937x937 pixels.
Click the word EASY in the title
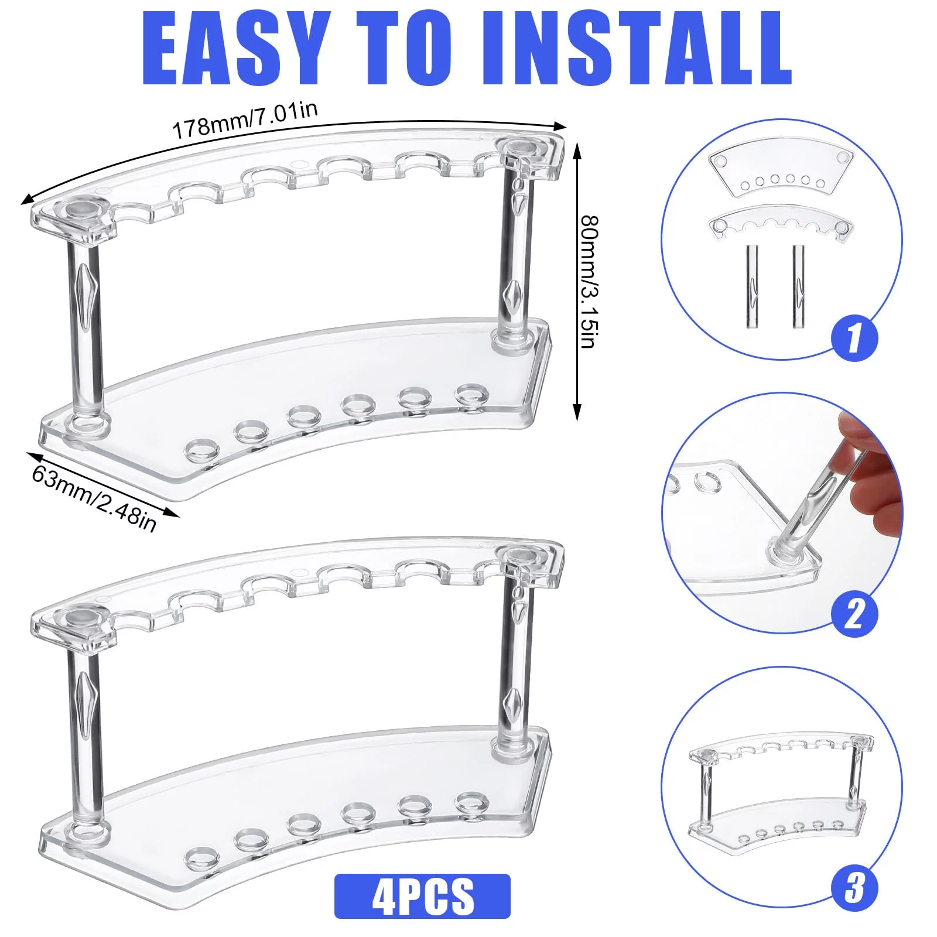234,48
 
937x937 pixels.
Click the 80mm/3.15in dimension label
589,282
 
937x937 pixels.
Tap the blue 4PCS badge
422,896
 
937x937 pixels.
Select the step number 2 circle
854,613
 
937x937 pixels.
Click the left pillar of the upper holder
84,334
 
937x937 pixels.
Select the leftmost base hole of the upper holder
201,450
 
